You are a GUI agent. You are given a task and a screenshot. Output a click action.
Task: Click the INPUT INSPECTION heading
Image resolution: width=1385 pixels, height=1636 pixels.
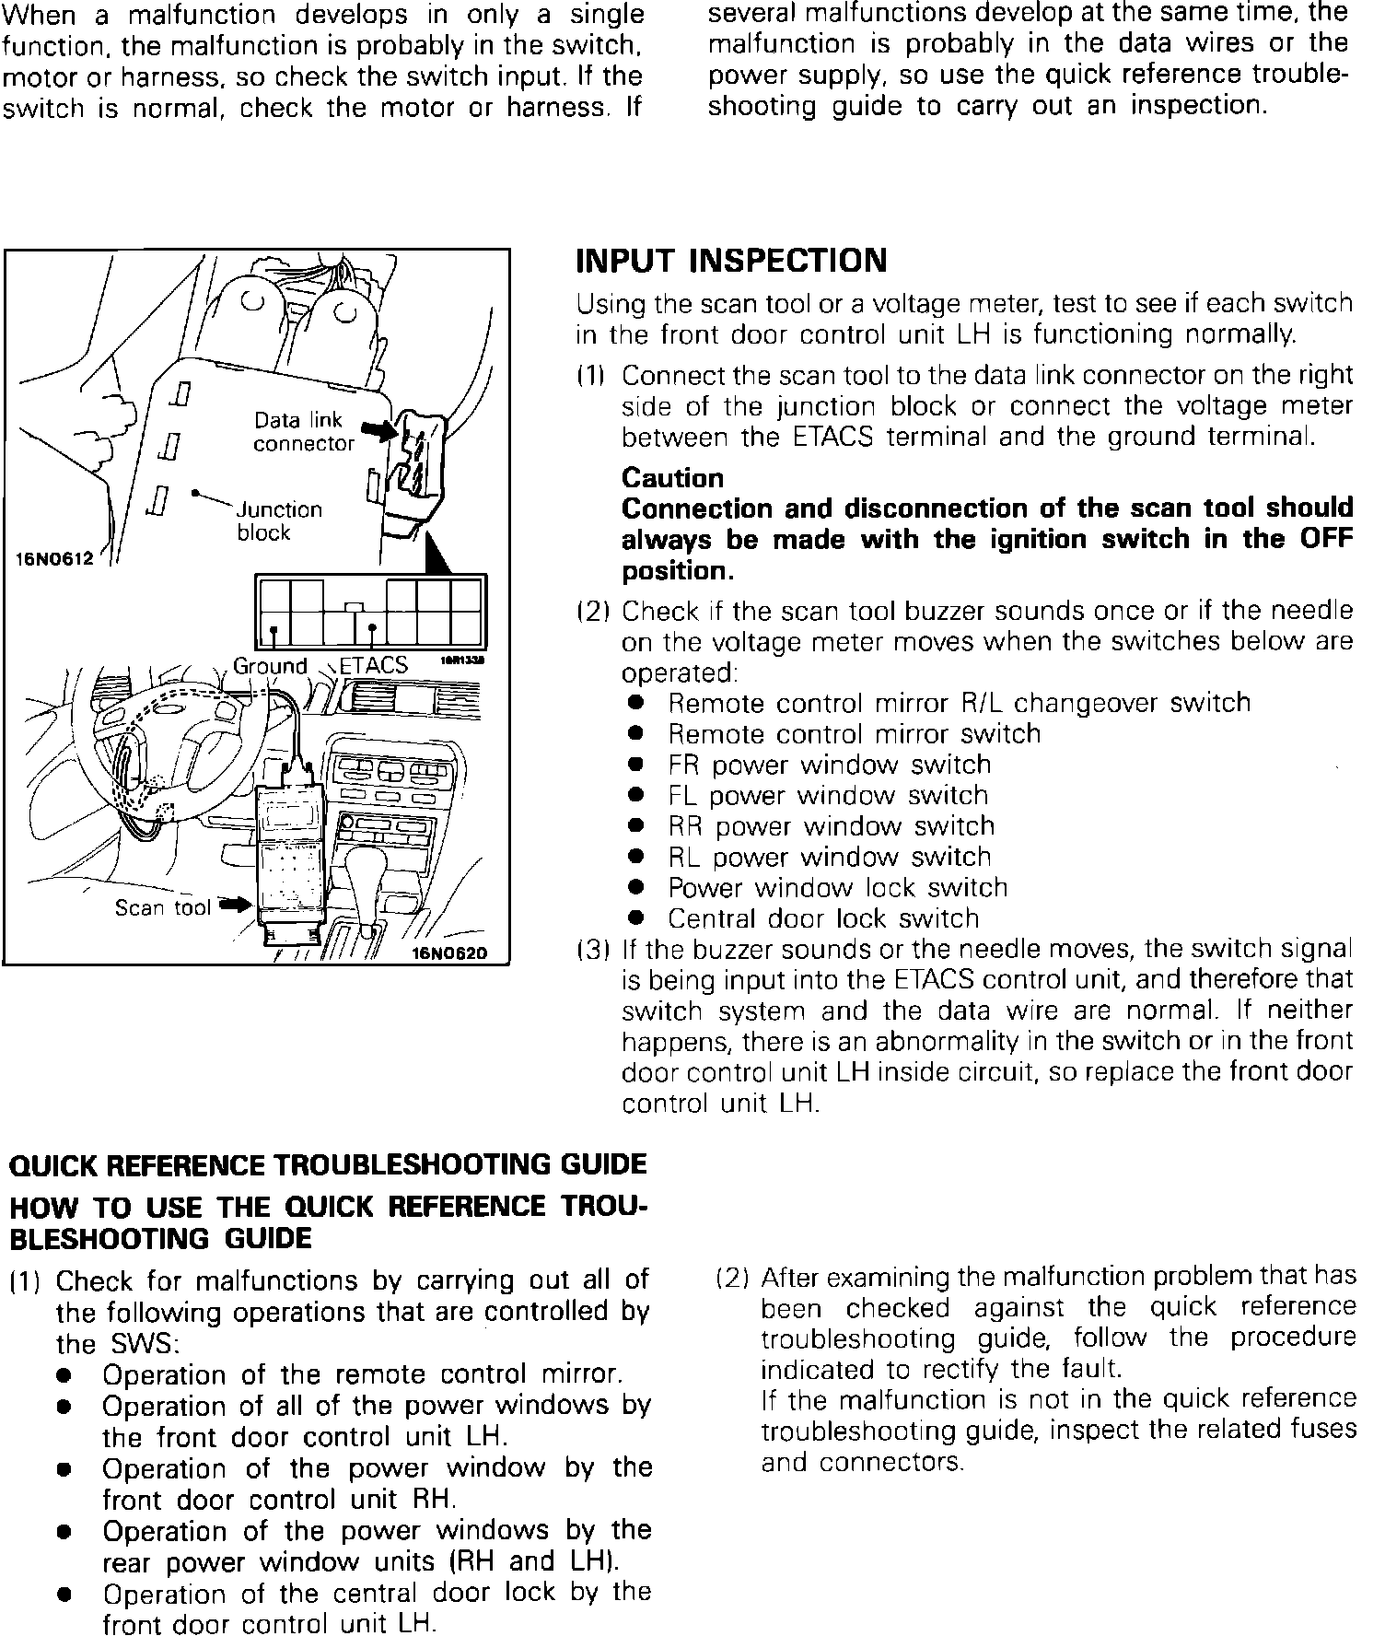[731, 261]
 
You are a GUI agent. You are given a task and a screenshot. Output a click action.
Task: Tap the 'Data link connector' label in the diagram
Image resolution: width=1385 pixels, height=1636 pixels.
[302, 432]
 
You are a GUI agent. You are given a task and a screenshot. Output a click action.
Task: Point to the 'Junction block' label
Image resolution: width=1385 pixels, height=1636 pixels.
[279, 521]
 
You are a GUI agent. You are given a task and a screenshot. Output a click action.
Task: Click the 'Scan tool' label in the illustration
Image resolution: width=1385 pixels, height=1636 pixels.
[163, 908]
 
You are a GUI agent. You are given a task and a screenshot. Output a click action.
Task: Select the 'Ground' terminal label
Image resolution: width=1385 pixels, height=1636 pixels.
[270, 666]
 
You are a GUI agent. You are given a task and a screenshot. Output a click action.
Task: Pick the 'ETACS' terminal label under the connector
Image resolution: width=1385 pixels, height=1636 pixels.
[374, 666]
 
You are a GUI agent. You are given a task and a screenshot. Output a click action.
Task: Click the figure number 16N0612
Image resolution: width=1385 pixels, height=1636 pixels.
[55, 559]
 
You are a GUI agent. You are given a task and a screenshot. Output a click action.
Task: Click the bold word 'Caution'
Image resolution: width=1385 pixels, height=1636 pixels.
[673, 478]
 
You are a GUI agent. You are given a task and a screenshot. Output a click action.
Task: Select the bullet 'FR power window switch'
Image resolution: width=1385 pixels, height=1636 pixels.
[829, 765]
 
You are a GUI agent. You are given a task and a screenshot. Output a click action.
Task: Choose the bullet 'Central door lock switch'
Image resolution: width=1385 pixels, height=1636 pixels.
[823, 919]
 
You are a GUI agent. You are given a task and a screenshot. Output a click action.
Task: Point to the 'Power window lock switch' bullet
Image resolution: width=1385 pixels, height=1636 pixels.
[837, 889]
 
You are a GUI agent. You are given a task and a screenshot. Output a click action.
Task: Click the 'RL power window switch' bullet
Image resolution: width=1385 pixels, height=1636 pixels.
[829, 858]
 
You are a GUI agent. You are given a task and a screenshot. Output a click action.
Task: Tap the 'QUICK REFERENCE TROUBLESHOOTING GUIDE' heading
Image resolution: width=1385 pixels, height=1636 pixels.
[327, 1164]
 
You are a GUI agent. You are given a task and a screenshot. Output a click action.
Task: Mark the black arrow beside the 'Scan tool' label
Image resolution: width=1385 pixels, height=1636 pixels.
[234, 906]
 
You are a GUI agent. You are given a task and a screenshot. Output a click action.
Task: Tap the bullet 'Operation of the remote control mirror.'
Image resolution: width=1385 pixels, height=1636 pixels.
[362, 1375]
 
